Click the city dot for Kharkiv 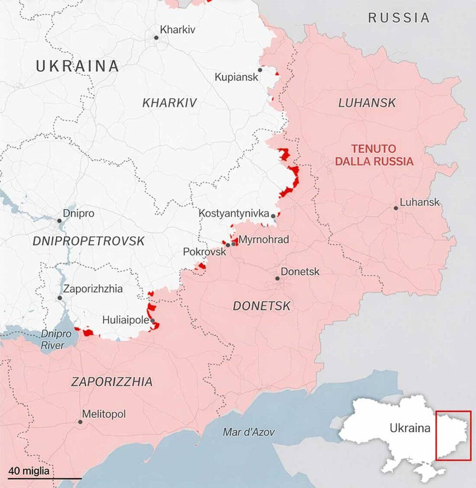(x=156, y=37)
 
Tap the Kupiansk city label (x=236, y=77)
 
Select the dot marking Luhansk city (x=396, y=208)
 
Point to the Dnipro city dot (x=60, y=221)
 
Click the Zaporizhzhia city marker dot (x=60, y=298)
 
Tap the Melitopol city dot (x=80, y=422)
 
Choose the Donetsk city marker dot (x=277, y=278)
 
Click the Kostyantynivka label (x=234, y=213)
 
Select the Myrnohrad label (x=263, y=239)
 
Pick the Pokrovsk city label (x=204, y=252)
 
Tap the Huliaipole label (x=126, y=320)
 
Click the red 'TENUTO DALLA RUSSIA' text (x=374, y=155)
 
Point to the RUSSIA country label (x=399, y=18)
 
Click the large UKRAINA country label (x=77, y=66)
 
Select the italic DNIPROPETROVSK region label (x=89, y=241)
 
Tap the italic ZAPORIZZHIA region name (x=112, y=382)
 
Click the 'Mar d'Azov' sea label (x=249, y=432)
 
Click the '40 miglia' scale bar (x=44, y=477)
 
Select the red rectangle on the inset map (x=453, y=435)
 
